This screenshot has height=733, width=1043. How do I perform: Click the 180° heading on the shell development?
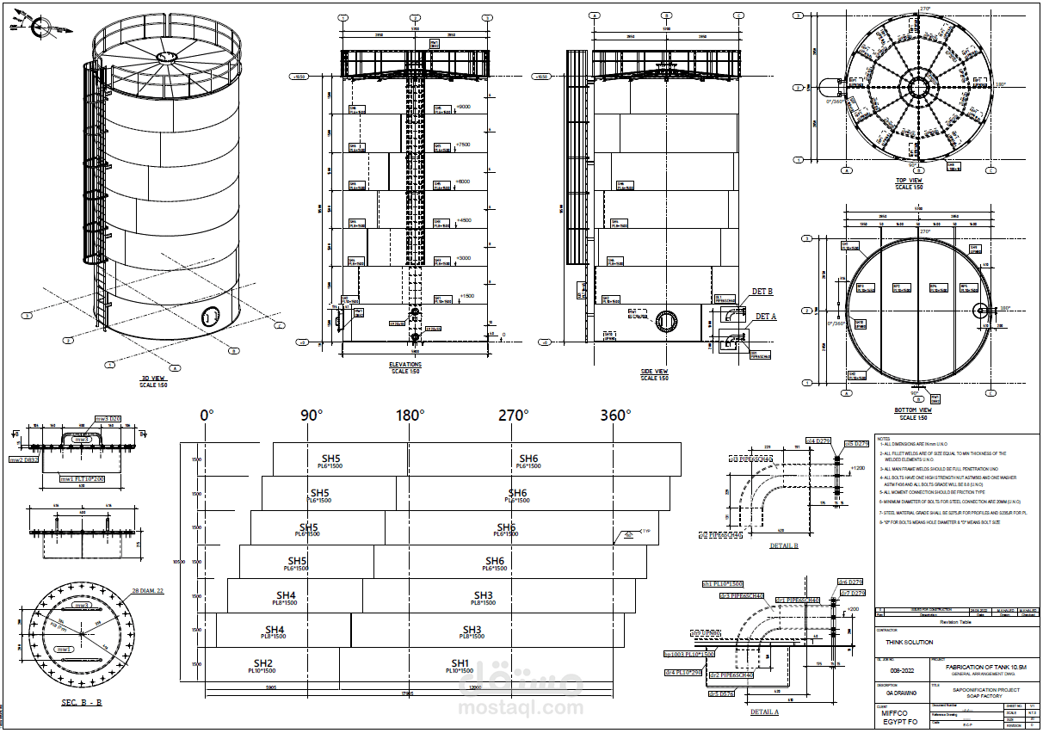click(410, 416)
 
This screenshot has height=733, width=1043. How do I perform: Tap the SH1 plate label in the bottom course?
click(460, 664)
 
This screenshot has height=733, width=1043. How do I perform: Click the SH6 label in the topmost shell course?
click(528, 459)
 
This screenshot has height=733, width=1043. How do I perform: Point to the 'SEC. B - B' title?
click(82, 703)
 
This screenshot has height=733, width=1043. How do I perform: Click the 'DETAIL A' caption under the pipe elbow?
click(764, 712)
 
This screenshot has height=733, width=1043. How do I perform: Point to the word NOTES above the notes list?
click(885, 439)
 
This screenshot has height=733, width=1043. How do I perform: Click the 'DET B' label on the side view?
click(762, 292)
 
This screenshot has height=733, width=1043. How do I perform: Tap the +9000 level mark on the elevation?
click(463, 107)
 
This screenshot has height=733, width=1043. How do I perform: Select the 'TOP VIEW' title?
click(908, 181)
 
